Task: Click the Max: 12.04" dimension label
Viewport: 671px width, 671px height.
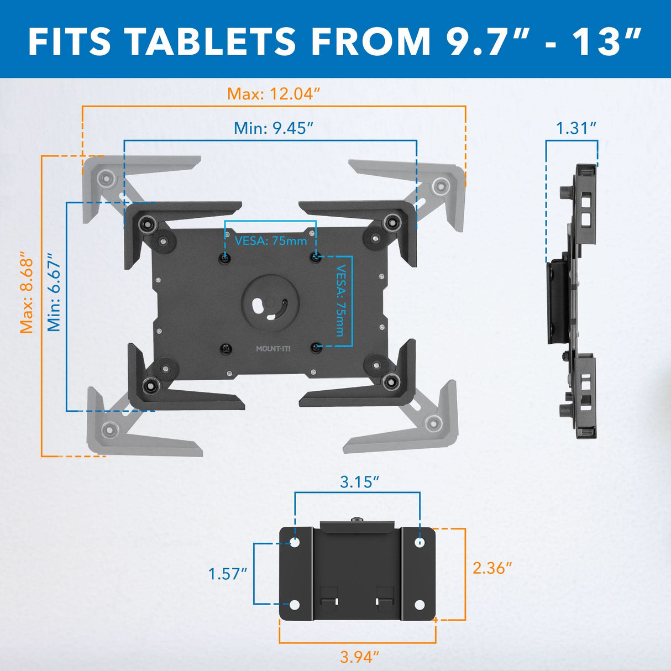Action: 274,94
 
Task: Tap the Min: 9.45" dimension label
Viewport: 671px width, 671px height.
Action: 274,128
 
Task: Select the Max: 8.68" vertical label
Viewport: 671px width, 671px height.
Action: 27,293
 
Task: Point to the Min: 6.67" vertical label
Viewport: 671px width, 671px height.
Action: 54,292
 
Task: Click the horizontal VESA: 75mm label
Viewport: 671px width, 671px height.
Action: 270,241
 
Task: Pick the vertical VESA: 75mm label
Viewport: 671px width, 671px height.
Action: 340,301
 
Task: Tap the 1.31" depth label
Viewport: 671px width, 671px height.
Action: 576,128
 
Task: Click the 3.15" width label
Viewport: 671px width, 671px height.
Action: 359,482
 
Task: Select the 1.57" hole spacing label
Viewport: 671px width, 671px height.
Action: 227,574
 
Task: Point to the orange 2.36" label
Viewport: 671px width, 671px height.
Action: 492,568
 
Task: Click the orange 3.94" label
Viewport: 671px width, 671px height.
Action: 359,657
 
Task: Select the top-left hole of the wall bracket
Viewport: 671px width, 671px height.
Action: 295,543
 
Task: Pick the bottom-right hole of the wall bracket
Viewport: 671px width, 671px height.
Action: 420,605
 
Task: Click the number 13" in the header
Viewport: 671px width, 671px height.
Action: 606,41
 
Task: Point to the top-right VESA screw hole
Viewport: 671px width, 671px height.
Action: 316,257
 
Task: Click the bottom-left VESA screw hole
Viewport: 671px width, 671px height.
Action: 226,348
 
